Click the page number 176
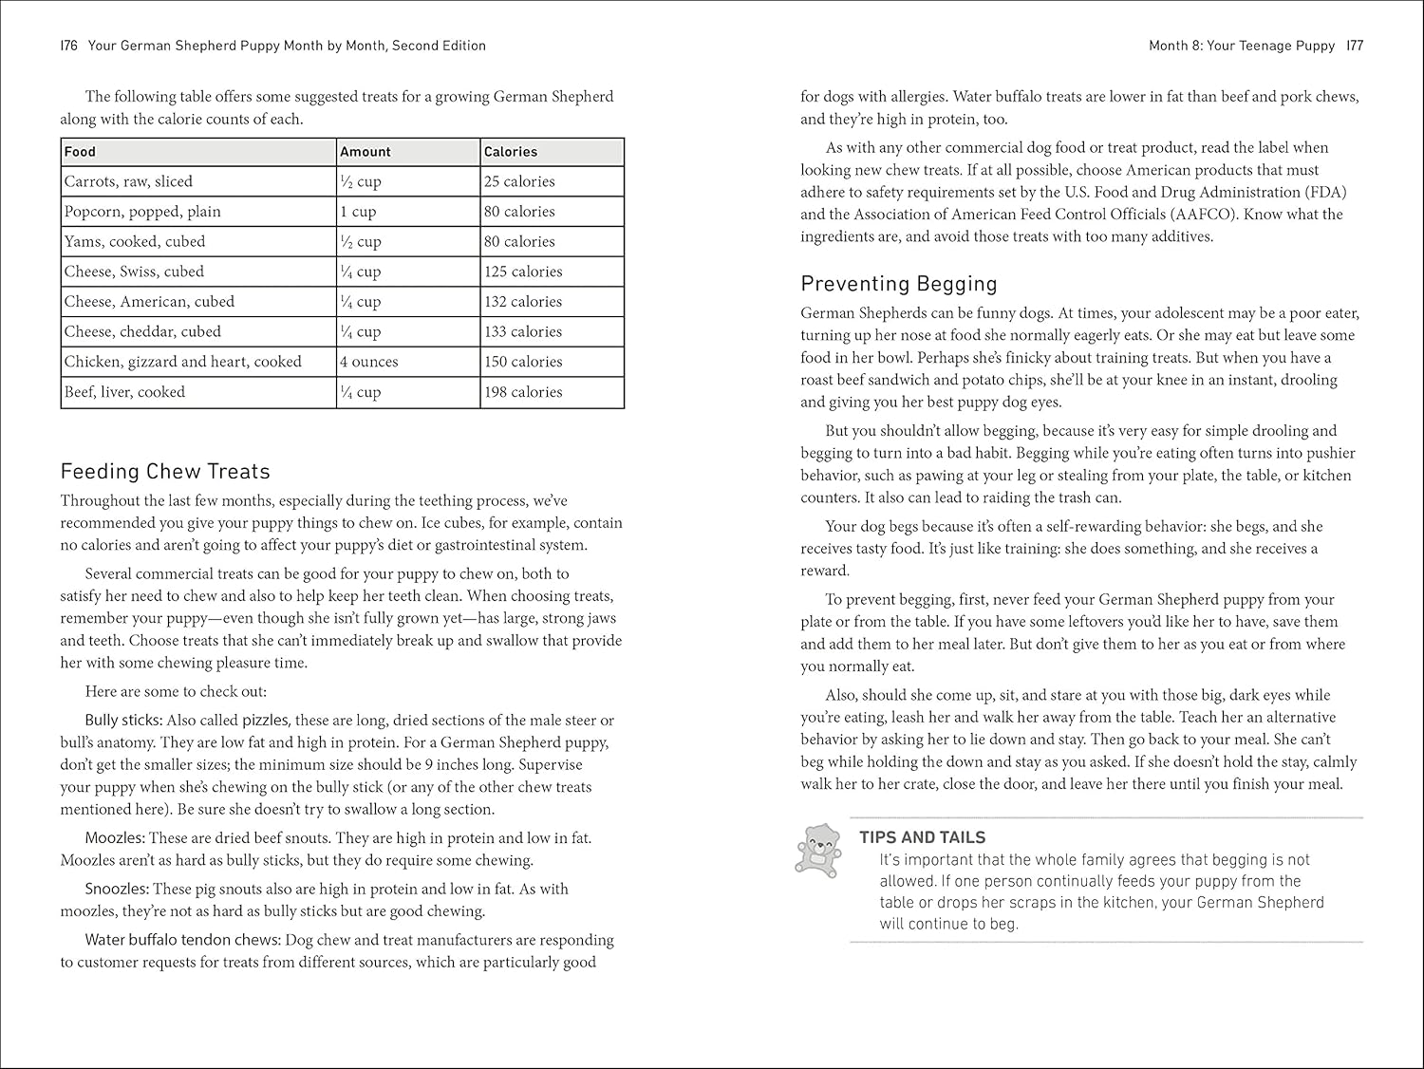[68, 46]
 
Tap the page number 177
[1354, 46]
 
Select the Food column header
[81, 152]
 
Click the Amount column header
[365, 152]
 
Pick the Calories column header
[511, 152]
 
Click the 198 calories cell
[523, 392]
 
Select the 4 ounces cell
[369, 362]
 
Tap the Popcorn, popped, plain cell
[142, 212]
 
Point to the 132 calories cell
[523, 302]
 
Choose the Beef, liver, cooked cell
[124, 392]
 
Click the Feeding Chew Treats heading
[165, 472]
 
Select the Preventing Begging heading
[899, 284]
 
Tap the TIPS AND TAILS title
[922, 837]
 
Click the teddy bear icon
[818, 848]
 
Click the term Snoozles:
[117, 890]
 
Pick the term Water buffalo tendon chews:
[182, 940]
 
